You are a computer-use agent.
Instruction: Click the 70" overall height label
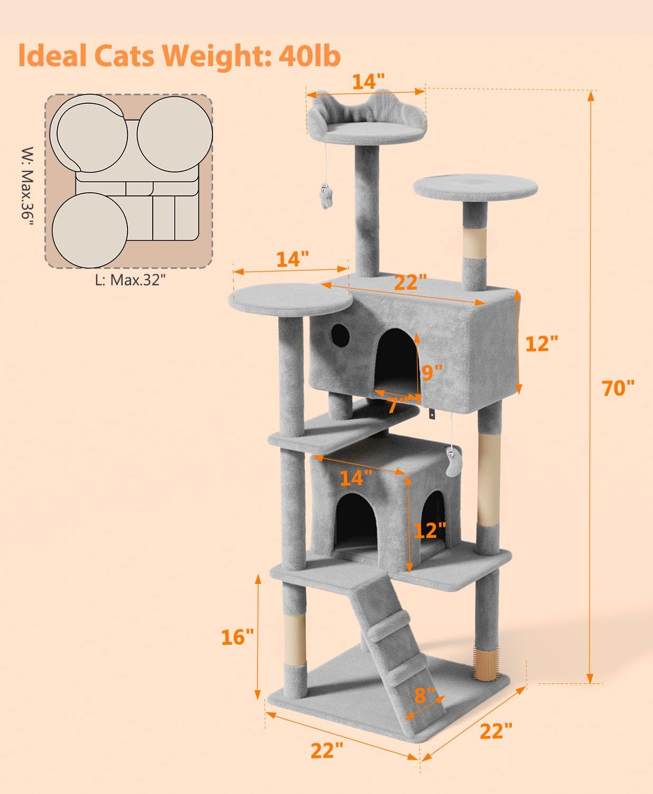pyautogui.click(x=618, y=387)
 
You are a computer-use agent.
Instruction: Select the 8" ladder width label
pyautogui.click(x=424, y=695)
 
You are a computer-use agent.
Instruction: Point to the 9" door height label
pyautogui.click(x=431, y=373)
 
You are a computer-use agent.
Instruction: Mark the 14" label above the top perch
pyautogui.click(x=368, y=81)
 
